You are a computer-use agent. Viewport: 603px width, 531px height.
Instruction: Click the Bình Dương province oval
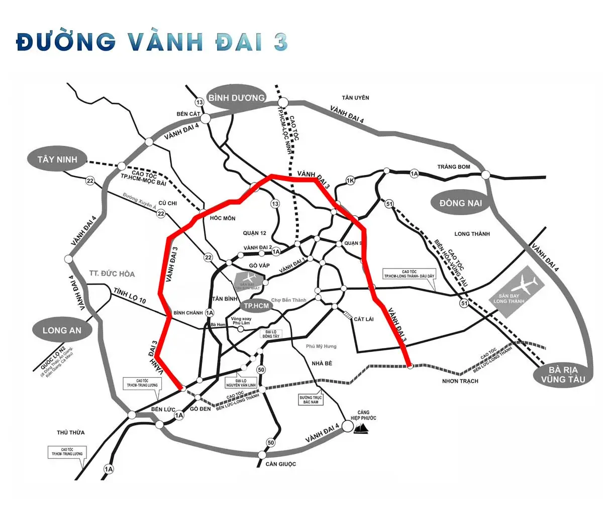237,98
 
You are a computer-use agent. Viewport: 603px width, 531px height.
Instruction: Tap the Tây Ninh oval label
57,159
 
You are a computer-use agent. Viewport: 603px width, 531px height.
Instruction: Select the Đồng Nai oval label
460,203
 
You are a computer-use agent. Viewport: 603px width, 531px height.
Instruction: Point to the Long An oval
62,330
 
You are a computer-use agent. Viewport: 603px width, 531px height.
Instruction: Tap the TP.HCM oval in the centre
256,306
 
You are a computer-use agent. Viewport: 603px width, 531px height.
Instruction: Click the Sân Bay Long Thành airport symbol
516,291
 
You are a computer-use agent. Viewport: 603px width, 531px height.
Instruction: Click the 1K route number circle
351,181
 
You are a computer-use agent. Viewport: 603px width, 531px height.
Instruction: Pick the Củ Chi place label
167,203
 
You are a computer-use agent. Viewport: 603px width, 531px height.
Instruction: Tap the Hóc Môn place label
223,218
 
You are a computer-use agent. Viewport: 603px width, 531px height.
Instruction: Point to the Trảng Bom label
453,166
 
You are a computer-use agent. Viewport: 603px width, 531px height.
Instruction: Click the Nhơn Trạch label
460,381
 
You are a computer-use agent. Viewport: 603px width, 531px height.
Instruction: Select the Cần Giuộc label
281,464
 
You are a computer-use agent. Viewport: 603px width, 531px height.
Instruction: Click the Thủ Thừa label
71,432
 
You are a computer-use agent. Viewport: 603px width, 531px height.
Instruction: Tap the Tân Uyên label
355,98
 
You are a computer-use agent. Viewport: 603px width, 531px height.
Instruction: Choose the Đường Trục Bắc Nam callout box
311,400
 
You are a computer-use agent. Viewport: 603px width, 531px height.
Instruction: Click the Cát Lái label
363,319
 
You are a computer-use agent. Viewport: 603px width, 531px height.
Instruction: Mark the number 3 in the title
280,42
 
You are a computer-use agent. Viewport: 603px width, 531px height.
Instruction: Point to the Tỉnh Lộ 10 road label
129,297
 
